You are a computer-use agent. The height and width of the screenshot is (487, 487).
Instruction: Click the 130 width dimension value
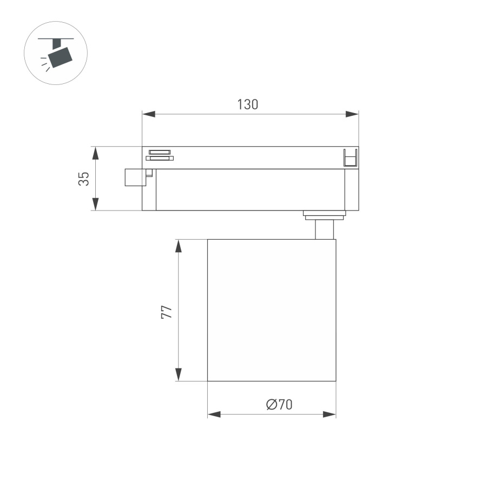click(x=247, y=104)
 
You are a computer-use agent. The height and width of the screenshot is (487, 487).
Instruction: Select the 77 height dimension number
click(x=167, y=311)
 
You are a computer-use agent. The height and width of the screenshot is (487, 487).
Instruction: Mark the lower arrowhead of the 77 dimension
click(x=178, y=374)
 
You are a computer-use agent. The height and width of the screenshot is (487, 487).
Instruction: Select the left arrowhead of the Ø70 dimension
click(x=214, y=414)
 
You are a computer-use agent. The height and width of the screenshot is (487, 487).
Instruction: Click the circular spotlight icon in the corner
click(x=56, y=52)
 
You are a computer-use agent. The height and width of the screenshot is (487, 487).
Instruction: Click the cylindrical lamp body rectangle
click(x=272, y=310)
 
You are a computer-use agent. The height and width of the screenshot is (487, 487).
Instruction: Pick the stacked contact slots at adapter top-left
click(x=159, y=155)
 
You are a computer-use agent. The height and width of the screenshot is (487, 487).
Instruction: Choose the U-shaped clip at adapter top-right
click(x=350, y=157)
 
